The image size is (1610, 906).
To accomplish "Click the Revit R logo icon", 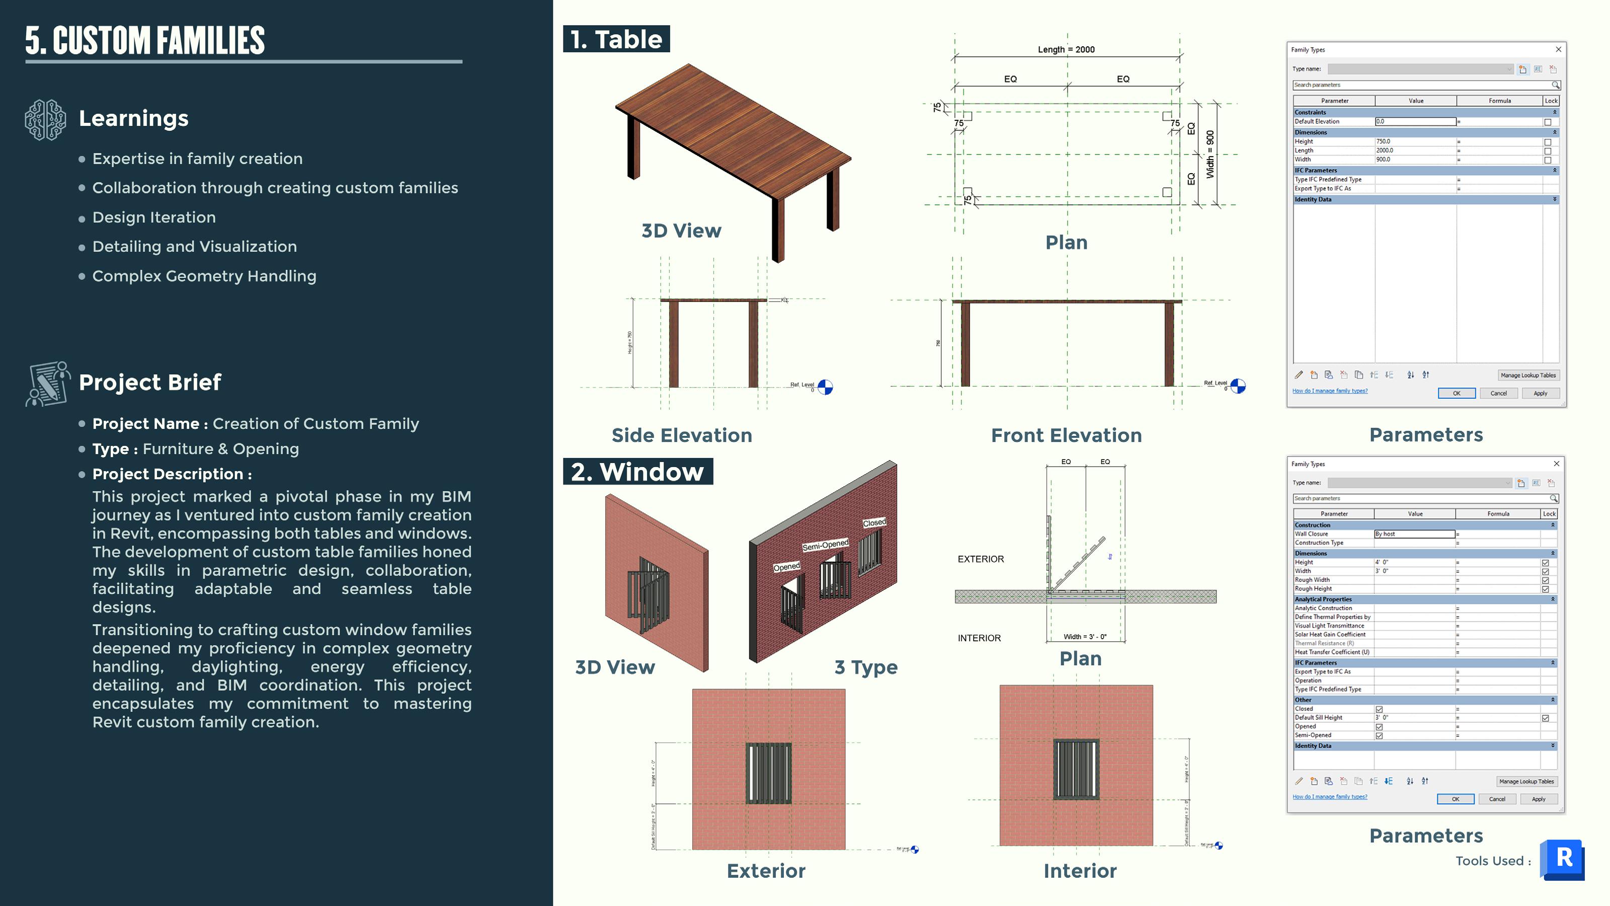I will click(1563, 859).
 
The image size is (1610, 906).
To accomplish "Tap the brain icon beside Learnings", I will click(45, 119).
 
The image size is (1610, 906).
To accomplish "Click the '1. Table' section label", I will click(616, 39).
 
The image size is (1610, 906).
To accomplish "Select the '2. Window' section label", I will click(637, 472).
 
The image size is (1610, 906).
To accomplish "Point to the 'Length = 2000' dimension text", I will click(1066, 49).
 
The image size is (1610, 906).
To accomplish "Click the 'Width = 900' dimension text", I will click(1210, 154).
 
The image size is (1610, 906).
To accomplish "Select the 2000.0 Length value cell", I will click(1415, 150).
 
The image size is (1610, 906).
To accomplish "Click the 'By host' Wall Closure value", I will click(1414, 534).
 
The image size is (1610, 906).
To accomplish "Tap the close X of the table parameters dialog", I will click(1558, 49).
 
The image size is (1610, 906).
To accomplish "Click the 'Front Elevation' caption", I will click(1066, 435).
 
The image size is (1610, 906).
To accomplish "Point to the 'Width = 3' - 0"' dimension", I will click(1085, 637).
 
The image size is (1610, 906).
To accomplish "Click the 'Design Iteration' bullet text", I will click(154, 217).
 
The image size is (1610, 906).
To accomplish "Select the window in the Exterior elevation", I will click(768, 773).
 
